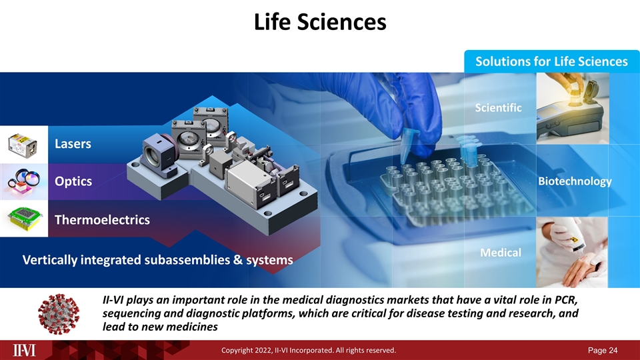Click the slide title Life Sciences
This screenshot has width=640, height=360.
[x=320, y=21]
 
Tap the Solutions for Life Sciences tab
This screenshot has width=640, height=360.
[x=551, y=61]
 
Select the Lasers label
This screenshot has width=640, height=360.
[x=73, y=144]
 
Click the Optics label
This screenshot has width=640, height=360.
[x=73, y=181]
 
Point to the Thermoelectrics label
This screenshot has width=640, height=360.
[x=102, y=219]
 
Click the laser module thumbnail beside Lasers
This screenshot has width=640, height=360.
[x=23, y=144]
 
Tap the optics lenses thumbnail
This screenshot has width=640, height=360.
[x=23, y=181]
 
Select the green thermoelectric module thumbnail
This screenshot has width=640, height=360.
[x=23, y=219]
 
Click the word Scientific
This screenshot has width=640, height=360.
[x=498, y=107]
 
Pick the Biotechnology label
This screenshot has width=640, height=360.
[x=574, y=181]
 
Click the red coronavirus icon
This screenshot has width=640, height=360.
[x=59, y=314]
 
